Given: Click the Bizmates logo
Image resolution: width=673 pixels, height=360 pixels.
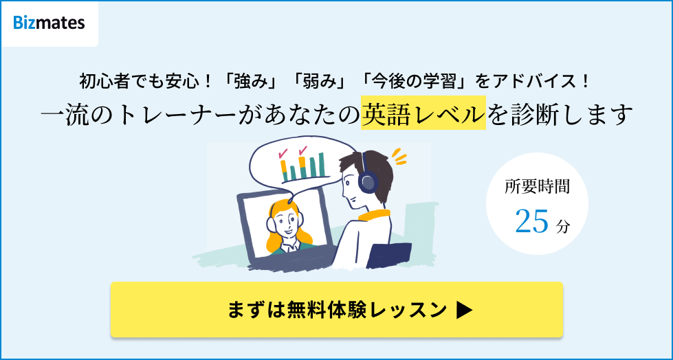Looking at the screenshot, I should click(49, 23).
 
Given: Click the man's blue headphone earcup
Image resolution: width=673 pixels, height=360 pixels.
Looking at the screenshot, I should click(368, 181).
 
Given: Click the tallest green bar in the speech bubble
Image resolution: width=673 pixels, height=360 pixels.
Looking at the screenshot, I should click(320, 164).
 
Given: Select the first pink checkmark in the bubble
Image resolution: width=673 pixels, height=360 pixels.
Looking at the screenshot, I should click(282, 153).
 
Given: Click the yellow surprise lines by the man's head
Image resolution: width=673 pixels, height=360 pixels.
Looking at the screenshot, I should click(397, 157).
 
